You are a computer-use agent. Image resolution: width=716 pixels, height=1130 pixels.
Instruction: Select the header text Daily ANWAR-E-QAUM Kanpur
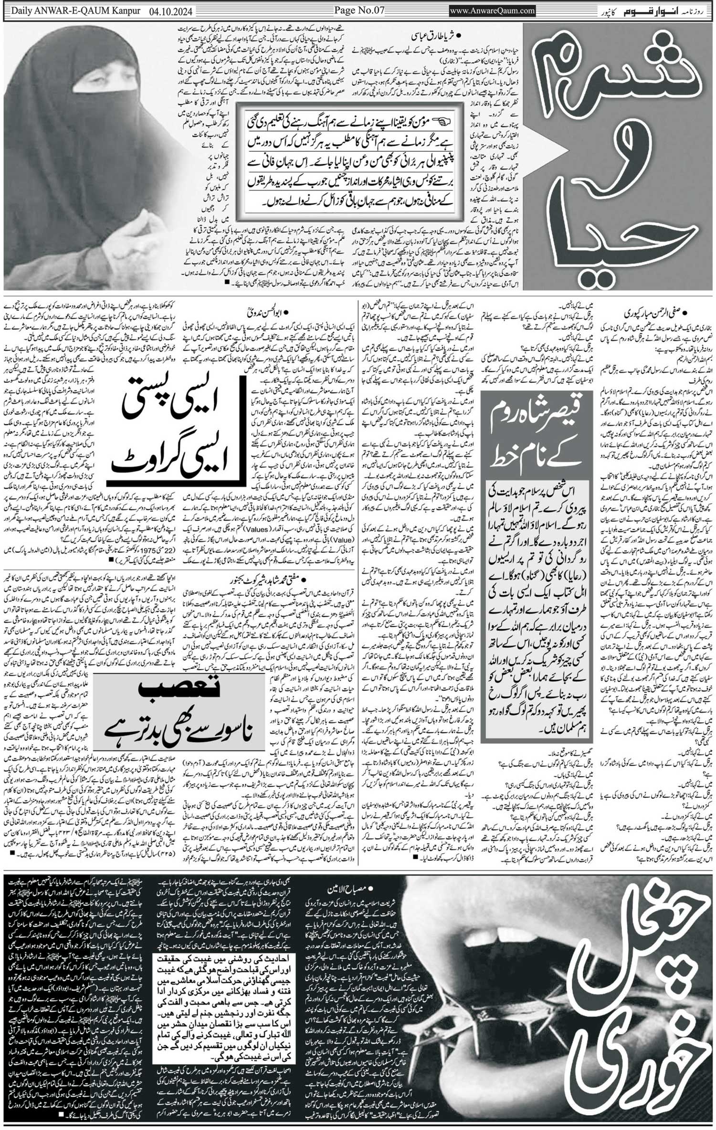[72, 11]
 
